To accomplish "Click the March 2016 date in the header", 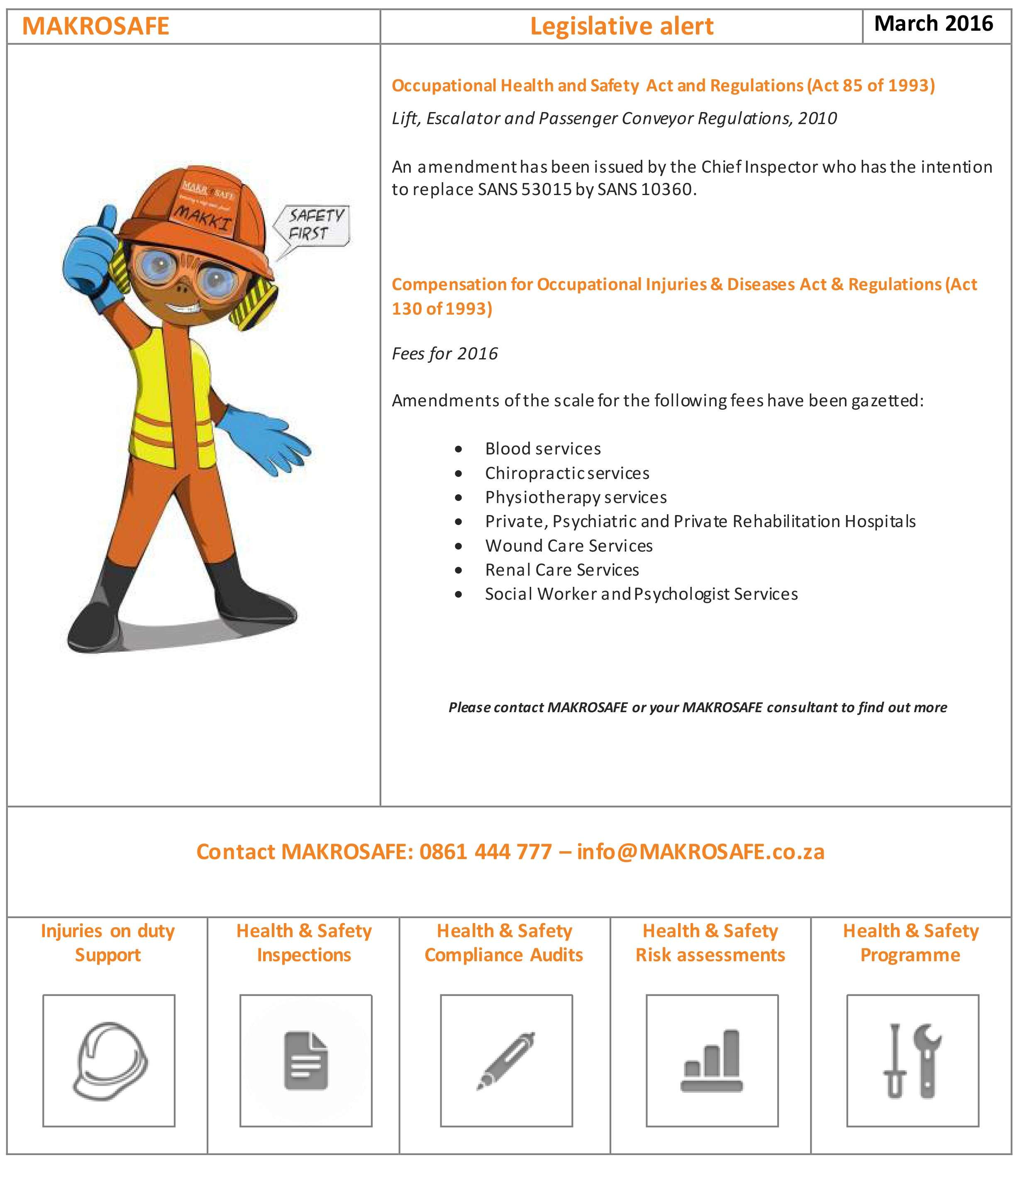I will pos(933,24).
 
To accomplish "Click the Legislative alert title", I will pos(621,26).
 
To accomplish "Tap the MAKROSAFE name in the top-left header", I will pos(95,26).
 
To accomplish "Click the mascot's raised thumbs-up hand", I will pos(92,257).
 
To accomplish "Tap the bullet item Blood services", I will pos(542,449).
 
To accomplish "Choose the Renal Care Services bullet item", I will pos(562,570).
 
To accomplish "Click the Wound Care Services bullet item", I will pos(569,546).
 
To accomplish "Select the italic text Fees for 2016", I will pos(444,354).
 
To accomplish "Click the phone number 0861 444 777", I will pos(486,852).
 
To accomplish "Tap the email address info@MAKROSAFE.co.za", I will pos(700,852).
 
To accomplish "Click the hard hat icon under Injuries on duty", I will pos(109,1061).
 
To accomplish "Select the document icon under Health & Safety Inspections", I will pos(306,1061).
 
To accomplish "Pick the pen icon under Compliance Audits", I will pos(506,1061).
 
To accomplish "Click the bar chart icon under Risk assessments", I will pos(712,1061).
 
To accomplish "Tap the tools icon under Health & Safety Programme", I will pos(912,1061).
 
